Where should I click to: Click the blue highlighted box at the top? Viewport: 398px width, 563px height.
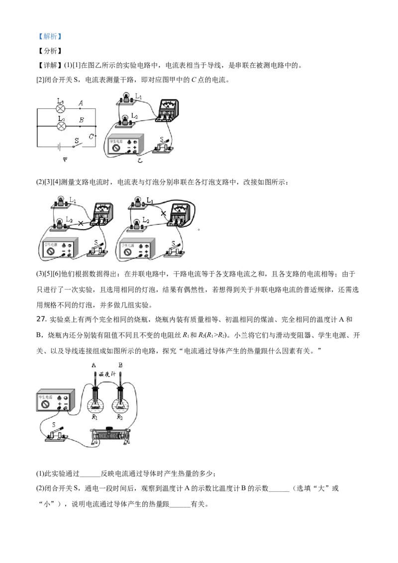coord(50,36)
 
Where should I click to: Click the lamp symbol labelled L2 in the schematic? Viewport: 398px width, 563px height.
coord(61,126)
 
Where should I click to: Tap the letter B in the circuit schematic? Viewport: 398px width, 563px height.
coord(81,120)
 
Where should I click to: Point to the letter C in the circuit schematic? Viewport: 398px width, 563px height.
coord(91,136)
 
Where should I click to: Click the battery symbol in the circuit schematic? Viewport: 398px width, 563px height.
coord(59,147)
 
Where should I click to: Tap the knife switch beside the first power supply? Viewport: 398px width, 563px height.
coord(164,147)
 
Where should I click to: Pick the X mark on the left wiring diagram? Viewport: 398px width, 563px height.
coord(81,224)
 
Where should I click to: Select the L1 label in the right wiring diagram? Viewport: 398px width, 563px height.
coord(149,200)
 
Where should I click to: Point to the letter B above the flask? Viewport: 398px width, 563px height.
coord(120,366)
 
